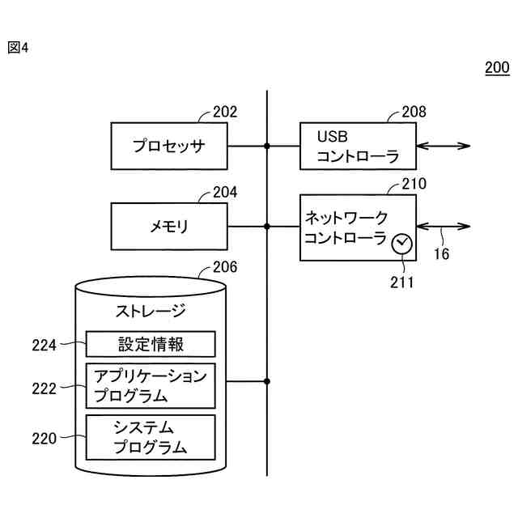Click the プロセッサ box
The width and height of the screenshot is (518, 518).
(169, 146)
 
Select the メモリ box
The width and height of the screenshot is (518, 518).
(169, 226)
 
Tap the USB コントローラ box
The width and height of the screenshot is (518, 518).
(359, 146)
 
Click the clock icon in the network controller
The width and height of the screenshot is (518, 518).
(401, 244)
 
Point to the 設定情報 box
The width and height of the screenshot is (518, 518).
(151, 344)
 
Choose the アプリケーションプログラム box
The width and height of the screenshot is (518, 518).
(151, 385)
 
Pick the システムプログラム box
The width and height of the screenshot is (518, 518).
(151, 437)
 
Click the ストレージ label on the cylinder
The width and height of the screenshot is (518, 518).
(151, 311)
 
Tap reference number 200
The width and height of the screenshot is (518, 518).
(497, 68)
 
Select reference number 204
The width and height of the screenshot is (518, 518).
(225, 193)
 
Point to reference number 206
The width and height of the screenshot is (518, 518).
(225, 268)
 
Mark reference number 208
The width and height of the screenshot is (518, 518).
(414, 113)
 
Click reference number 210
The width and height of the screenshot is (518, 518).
(414, 185)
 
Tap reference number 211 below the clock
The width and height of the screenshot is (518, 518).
(401, 282)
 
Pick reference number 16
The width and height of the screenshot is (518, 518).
(441, 254)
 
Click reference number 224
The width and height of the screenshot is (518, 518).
(45, 346)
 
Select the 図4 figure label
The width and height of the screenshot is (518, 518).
(18, 48)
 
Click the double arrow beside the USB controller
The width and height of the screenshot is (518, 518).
(444, 146)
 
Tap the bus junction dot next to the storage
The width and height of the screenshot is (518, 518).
(267, 381)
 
